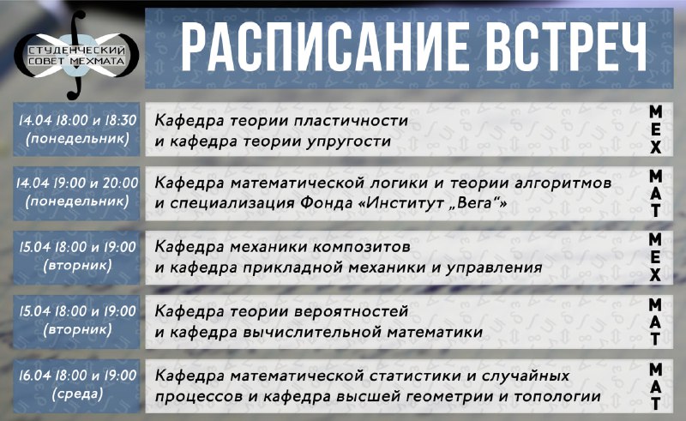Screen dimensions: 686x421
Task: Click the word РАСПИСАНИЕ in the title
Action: [324, 46]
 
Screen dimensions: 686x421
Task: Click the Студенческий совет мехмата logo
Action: [76, 55]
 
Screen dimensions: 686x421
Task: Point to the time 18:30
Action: [120, 120]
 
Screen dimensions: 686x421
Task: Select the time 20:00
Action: [120, 183]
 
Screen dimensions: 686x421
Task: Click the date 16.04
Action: [34, 376]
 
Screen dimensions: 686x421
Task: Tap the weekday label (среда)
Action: [77, 394]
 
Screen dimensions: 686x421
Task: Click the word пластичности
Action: [351, 120]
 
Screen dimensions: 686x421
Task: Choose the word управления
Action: [494, 268]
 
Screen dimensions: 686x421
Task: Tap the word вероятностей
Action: [352, 311]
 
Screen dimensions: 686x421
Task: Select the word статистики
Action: [415, 376]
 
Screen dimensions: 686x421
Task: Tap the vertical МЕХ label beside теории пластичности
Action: [655, 129]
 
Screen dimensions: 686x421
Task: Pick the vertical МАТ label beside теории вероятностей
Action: [655, 322]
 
